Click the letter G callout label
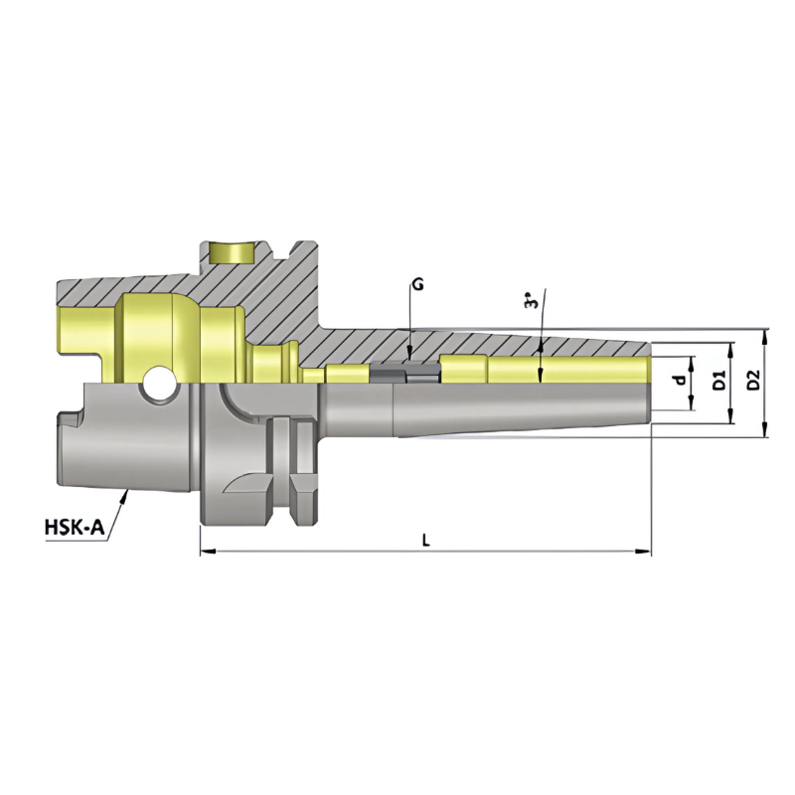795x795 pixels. (x=417, y=284)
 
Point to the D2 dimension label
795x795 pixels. (x=754, y=379)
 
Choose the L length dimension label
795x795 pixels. (x=425, y=540)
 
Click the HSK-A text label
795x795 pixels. (x=75, y=528)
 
